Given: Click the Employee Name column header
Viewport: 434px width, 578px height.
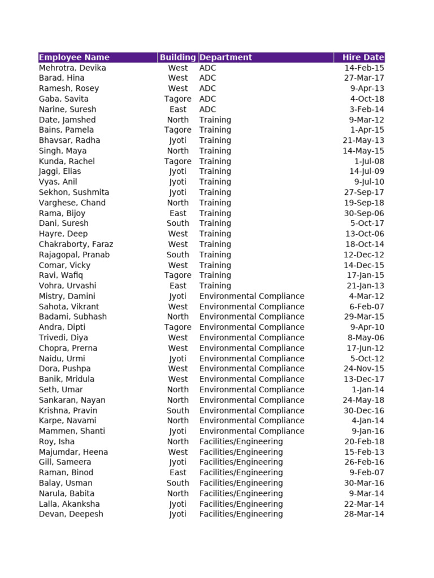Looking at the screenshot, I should click(74, 57).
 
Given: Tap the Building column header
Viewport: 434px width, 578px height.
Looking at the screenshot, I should click(177, 57).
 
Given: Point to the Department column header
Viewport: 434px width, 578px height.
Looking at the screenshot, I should click(225, 57).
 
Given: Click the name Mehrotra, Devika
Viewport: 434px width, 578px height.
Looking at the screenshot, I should click(72, 68).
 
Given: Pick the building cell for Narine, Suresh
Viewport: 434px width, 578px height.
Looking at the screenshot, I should click(177, 110).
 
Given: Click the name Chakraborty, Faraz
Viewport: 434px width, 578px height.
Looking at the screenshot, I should click(76, 244).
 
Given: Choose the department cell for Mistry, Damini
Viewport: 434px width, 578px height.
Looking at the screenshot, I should click(251, 296).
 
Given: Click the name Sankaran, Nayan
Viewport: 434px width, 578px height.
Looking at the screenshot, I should click(72, 400).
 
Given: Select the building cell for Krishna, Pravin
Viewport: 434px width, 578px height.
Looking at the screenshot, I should click(177, 410).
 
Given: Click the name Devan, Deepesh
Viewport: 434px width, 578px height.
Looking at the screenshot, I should click(71, 514).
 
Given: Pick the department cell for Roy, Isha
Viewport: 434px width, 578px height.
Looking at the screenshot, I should click(241, 441).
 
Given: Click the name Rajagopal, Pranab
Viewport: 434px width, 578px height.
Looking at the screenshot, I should click(74, 255).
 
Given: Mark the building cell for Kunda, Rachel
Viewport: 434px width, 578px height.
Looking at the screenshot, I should click(177, 161).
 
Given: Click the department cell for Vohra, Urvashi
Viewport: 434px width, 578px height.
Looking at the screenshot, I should click(215, 286).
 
